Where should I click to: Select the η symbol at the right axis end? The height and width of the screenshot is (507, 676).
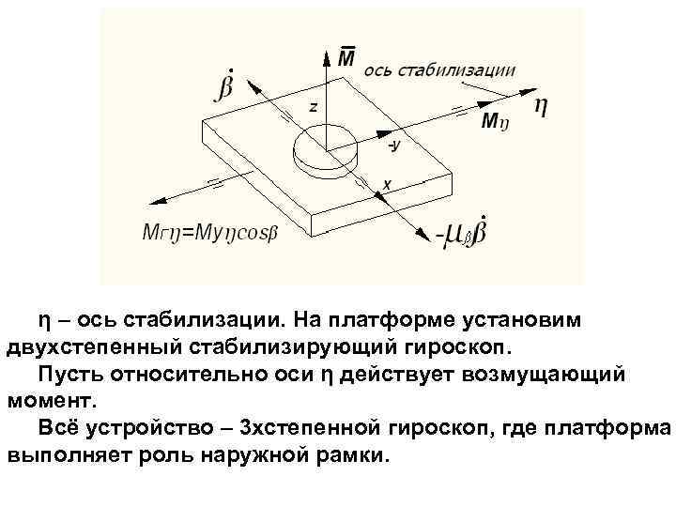(x=541, y=105)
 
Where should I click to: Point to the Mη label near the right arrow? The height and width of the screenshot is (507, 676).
(x=495, y=121)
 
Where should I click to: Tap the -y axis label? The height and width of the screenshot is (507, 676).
(x=393, y=146)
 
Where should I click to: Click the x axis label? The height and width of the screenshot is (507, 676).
(x=386, y=184)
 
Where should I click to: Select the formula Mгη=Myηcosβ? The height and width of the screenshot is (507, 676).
(x=209, y=231)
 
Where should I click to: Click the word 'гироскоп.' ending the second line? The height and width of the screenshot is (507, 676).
(x=463, y=345)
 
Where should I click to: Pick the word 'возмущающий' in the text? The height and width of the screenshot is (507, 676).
(x=562, y=375)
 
